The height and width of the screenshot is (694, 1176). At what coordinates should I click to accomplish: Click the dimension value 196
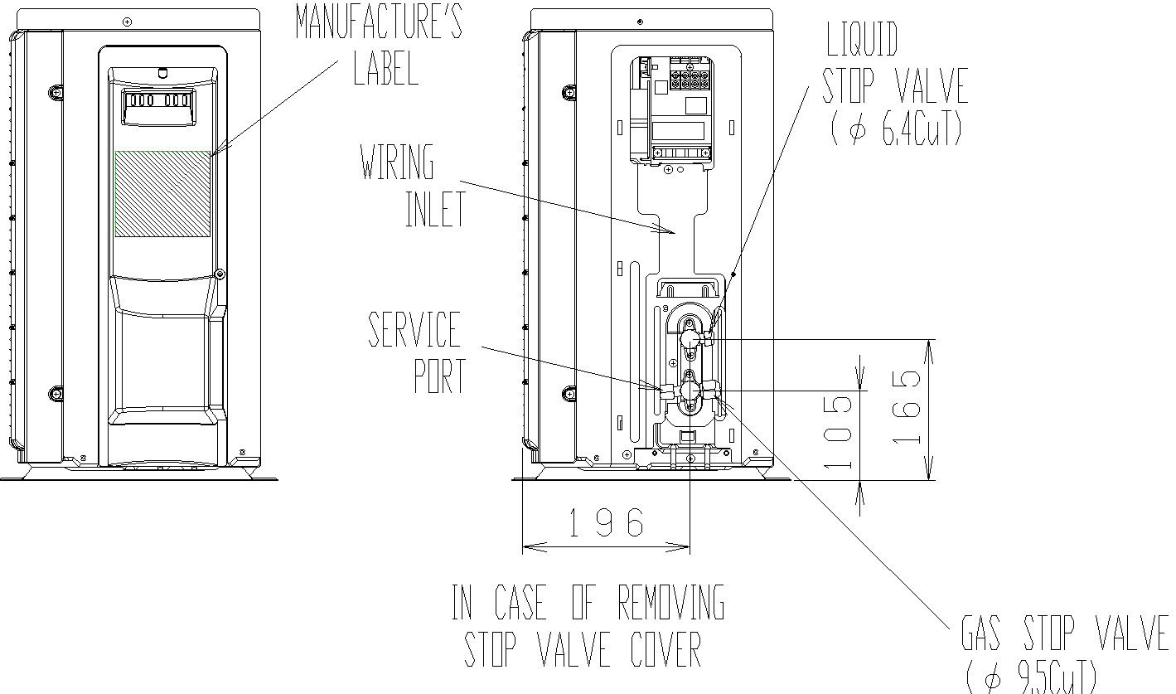[x=607, y=522]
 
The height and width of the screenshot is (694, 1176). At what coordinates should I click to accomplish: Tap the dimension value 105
[x=837, y=432]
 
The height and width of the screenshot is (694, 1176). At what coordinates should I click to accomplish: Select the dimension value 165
[x=907, y=407]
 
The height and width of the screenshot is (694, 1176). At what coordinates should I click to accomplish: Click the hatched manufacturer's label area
[x=162, y=194]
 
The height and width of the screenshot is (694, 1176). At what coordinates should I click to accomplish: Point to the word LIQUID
[x=862, y=39]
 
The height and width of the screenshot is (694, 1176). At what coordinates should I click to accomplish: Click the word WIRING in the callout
[x=397, y=162]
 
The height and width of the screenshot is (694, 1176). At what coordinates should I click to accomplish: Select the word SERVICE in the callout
[x=414, y=329]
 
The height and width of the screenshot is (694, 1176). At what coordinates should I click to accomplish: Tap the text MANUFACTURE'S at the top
[x=379, y=21]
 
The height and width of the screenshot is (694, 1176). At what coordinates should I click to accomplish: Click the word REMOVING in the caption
[x=670, y=602]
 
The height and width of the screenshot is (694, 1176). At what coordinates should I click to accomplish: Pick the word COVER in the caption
[x=665, y=649]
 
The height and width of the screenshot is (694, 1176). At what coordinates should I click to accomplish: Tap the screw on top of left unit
[x=127, y=22]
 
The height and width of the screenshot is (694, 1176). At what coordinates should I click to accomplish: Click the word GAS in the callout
[x=981, y=633]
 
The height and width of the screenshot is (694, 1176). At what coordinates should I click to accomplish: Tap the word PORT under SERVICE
[x=439, y=376]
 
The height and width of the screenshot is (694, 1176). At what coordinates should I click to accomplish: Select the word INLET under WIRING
[x=436, y=209]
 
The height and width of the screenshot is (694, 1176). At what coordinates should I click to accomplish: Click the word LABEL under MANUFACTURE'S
[x=386, y=68]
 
